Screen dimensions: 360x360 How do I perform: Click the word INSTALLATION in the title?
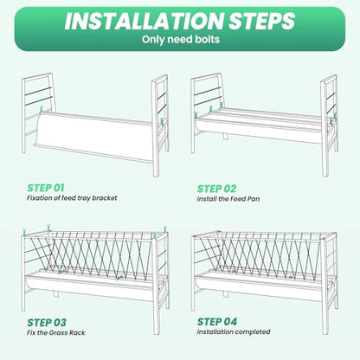(x=144, y=21)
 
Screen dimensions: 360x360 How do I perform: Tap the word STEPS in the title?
(x=262, y=21)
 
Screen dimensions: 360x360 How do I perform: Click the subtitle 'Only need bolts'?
(x=181, y=39)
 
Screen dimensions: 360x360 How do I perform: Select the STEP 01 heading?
(x=46, y=188)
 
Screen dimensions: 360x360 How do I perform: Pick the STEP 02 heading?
(x=216, y=189)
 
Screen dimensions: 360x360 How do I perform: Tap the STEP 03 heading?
(x=47, y=322)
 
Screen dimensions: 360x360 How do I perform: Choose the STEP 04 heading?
(x=217, y=321)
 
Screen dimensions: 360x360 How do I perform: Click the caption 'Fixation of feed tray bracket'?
(x=72, y=198)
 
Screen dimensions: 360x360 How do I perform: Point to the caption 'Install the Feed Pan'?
(x=228, y=199)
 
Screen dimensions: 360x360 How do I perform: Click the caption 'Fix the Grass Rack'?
(x=56, y=332)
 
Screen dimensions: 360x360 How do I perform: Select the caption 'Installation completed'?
(x=234, y=331)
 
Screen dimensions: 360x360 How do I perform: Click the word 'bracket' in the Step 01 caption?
(x=105, y=198)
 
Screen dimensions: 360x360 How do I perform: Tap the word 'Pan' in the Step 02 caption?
(x=254, y=199)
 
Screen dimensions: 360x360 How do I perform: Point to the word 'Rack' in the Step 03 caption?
(x=78, y=332)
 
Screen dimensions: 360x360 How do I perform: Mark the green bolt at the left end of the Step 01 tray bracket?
(x=42, y=109)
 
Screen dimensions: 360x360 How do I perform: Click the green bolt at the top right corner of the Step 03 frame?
(x=165, y=229)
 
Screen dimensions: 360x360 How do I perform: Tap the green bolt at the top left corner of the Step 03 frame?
(x=24, y=232)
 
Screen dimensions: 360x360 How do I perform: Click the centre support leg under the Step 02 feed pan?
(x=225, y=136)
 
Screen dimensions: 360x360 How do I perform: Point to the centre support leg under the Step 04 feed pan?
(x=226, y=294)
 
